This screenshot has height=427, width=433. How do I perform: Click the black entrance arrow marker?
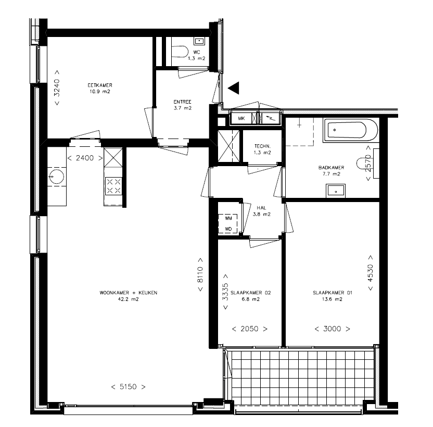point(234,88)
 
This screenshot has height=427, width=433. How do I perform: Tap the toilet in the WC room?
point(180,52)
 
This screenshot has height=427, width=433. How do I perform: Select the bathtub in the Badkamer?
point(351,130)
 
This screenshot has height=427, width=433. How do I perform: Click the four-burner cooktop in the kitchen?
point(113,186)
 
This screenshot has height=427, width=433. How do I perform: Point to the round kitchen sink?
point(56,177)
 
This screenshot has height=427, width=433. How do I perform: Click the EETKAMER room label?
point(100,85)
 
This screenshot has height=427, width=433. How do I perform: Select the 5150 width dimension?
point(128,386)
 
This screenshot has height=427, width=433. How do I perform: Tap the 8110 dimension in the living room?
point(200,274)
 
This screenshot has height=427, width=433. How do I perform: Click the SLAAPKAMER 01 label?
point(333,293)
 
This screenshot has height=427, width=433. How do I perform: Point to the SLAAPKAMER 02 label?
point(251,293)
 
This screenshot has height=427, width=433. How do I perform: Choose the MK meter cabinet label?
point(241,119)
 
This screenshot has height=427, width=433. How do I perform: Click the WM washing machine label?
point(228,218)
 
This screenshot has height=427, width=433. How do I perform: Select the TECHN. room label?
point(262,146)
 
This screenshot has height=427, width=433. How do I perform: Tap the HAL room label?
point(261,208)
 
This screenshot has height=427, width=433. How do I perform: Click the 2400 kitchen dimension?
point(85,158)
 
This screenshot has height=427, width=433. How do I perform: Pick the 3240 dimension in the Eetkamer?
point(57,87)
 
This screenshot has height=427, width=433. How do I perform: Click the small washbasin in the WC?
point(199,41)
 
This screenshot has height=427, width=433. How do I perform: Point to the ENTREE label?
point(182,102)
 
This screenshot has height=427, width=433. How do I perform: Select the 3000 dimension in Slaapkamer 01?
point(332,329)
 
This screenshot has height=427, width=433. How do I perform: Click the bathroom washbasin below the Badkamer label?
point(336,191)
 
